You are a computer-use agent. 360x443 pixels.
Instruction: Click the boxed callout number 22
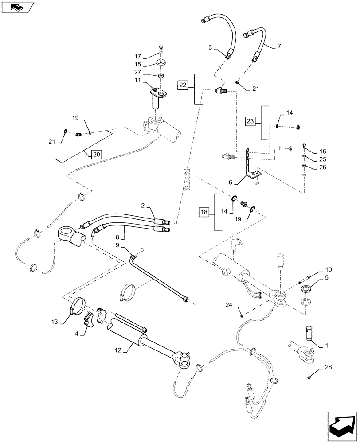point(184,85)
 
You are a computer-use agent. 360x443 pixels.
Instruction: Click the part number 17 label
point(138,56)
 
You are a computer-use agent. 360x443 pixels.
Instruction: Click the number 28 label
point(328,367)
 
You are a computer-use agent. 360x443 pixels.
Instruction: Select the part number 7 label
point(279,46)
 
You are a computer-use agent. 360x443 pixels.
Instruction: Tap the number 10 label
point(328,269)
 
